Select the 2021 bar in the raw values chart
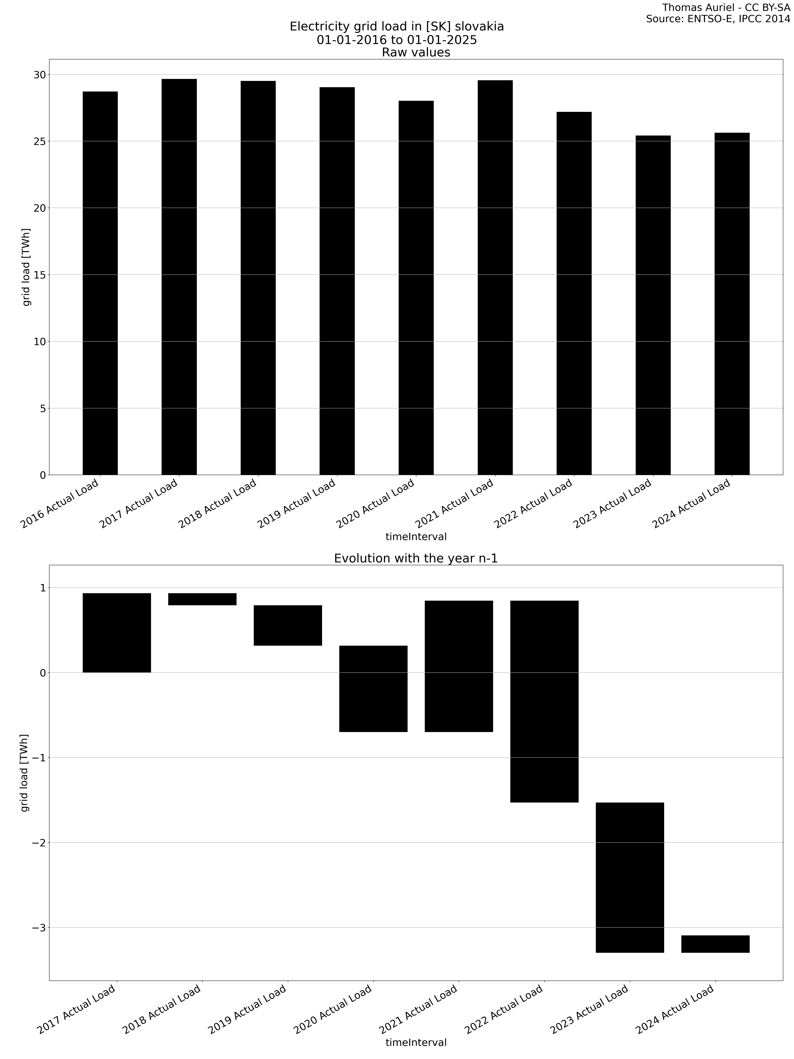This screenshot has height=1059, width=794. pyautogui.click(x=495, y=278)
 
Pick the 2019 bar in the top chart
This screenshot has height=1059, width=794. pyautogui.click(x=337, y=281)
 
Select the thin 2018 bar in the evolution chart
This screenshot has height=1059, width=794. pyautogui.click(x=202, y=599)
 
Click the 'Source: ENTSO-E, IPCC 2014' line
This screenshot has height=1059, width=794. pyautogui.click(x=718, y=19)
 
